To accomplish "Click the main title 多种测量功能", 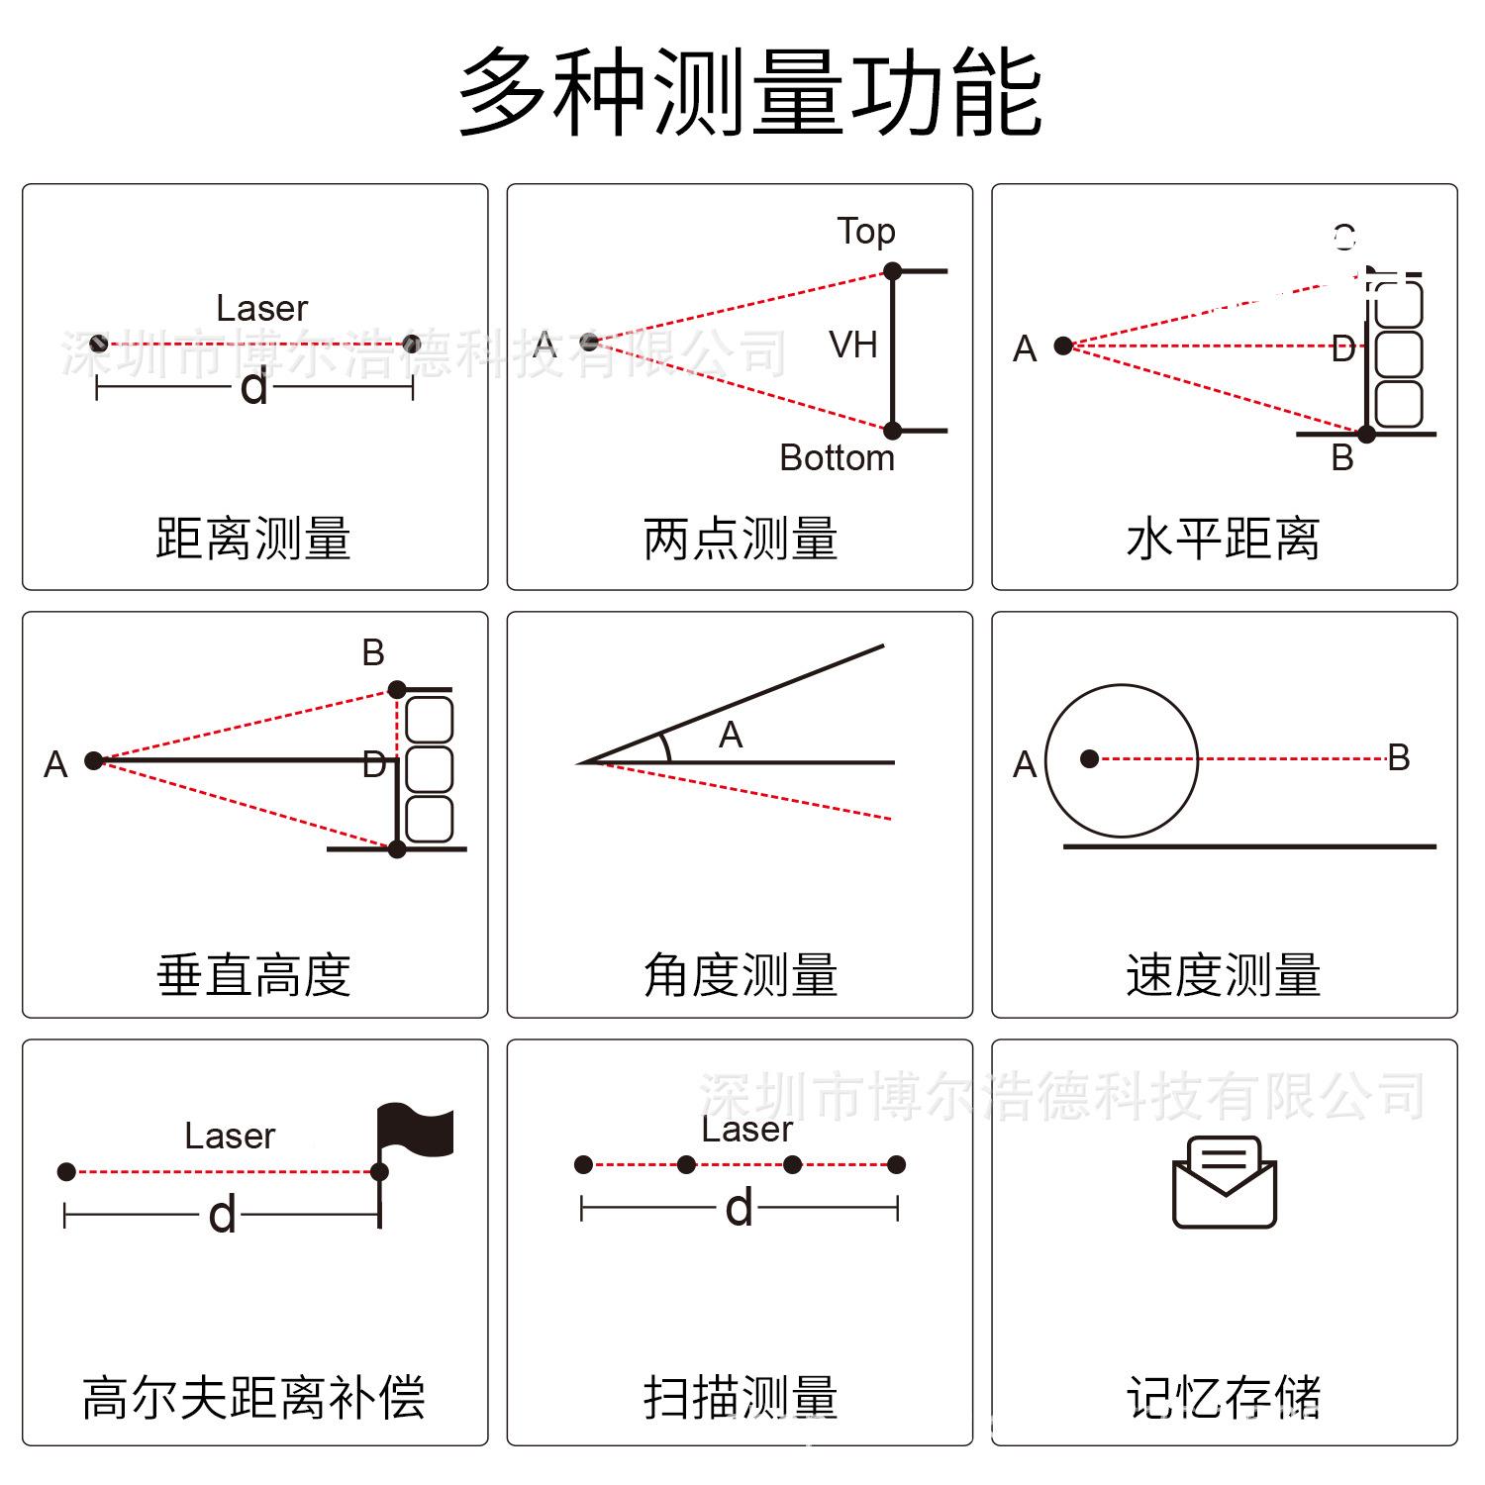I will (749, 93).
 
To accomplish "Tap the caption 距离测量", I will (253, 539).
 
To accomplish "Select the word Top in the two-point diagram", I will (866, 231).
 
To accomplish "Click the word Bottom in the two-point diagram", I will (837, 457).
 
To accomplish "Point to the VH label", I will (852, 345).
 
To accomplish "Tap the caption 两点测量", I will (740, 539).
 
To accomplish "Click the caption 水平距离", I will (1223, 539).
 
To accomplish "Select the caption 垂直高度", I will (253, 975).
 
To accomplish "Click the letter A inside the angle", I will (731, 735).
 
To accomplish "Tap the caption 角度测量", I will (740, 975).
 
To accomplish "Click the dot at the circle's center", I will (1089, 759).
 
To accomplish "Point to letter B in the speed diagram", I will (1398, 757).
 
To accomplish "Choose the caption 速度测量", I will (1223, 975).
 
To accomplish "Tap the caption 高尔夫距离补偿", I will (253, 1398).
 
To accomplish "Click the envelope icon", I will (1224, 1182).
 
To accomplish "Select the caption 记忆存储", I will (1223, 1398).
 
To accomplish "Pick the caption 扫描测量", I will (740, 1398).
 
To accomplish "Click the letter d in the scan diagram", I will (739, 1208).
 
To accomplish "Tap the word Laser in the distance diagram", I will (262, 308).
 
